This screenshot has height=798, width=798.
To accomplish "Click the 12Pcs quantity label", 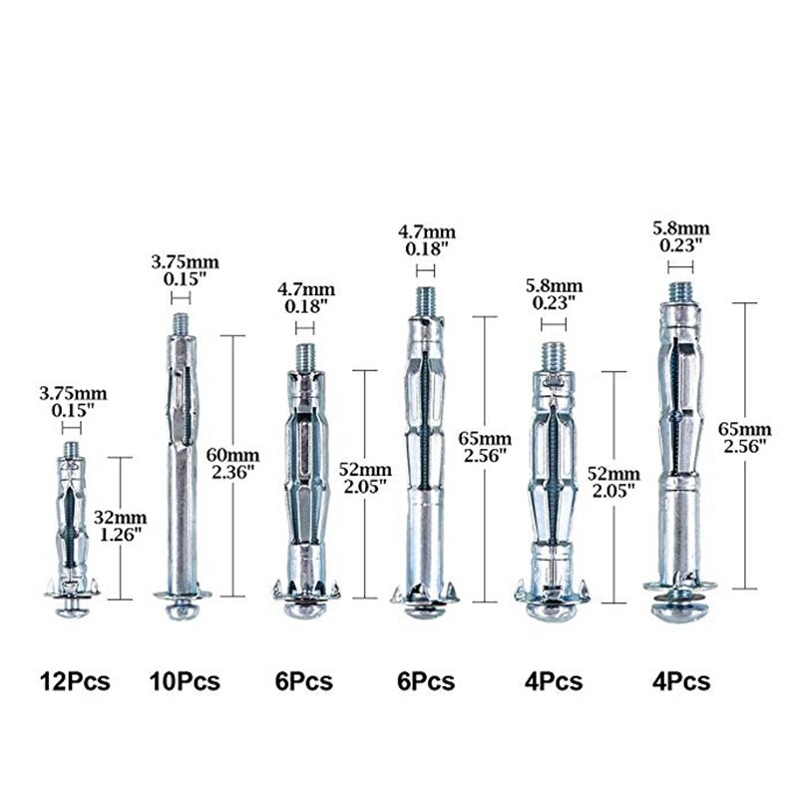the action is pos(75,681).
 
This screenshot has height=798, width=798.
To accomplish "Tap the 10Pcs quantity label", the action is pos(185,681).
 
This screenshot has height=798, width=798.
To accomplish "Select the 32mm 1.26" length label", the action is pos(120,527).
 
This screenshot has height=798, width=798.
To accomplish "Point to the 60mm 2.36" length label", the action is pos(233,463).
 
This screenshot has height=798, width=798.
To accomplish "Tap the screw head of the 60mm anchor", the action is pos(182,609).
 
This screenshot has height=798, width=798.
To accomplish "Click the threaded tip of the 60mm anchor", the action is pos(182,324).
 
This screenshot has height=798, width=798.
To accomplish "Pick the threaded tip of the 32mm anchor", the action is pos(71,450).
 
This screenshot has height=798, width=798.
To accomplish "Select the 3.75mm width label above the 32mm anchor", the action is pos(73,402).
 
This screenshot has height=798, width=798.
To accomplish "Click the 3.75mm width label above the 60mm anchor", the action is pos(186,270).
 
